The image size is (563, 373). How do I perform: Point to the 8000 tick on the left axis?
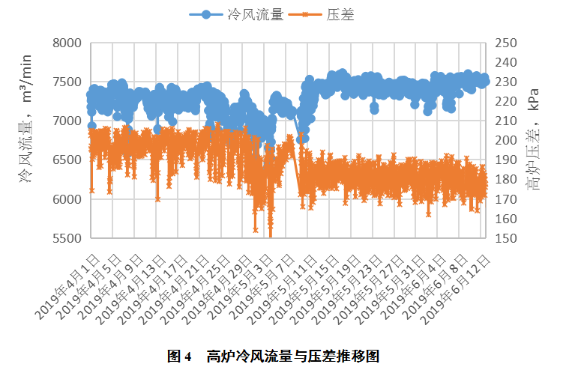pyautogui.click(x=67, y=43)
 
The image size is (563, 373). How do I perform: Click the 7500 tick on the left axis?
pyautogui.click(x=67, y=82)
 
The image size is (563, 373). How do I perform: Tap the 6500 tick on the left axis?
pyautogui.click(x=67, y=160)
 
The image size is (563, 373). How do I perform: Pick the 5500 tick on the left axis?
pyautogui.click(x=67, y=238)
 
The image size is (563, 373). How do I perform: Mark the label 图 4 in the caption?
pyautogui.click(x=180, y=356)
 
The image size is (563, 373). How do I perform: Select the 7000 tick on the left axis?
pyautogui.click(x=67, y=121)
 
